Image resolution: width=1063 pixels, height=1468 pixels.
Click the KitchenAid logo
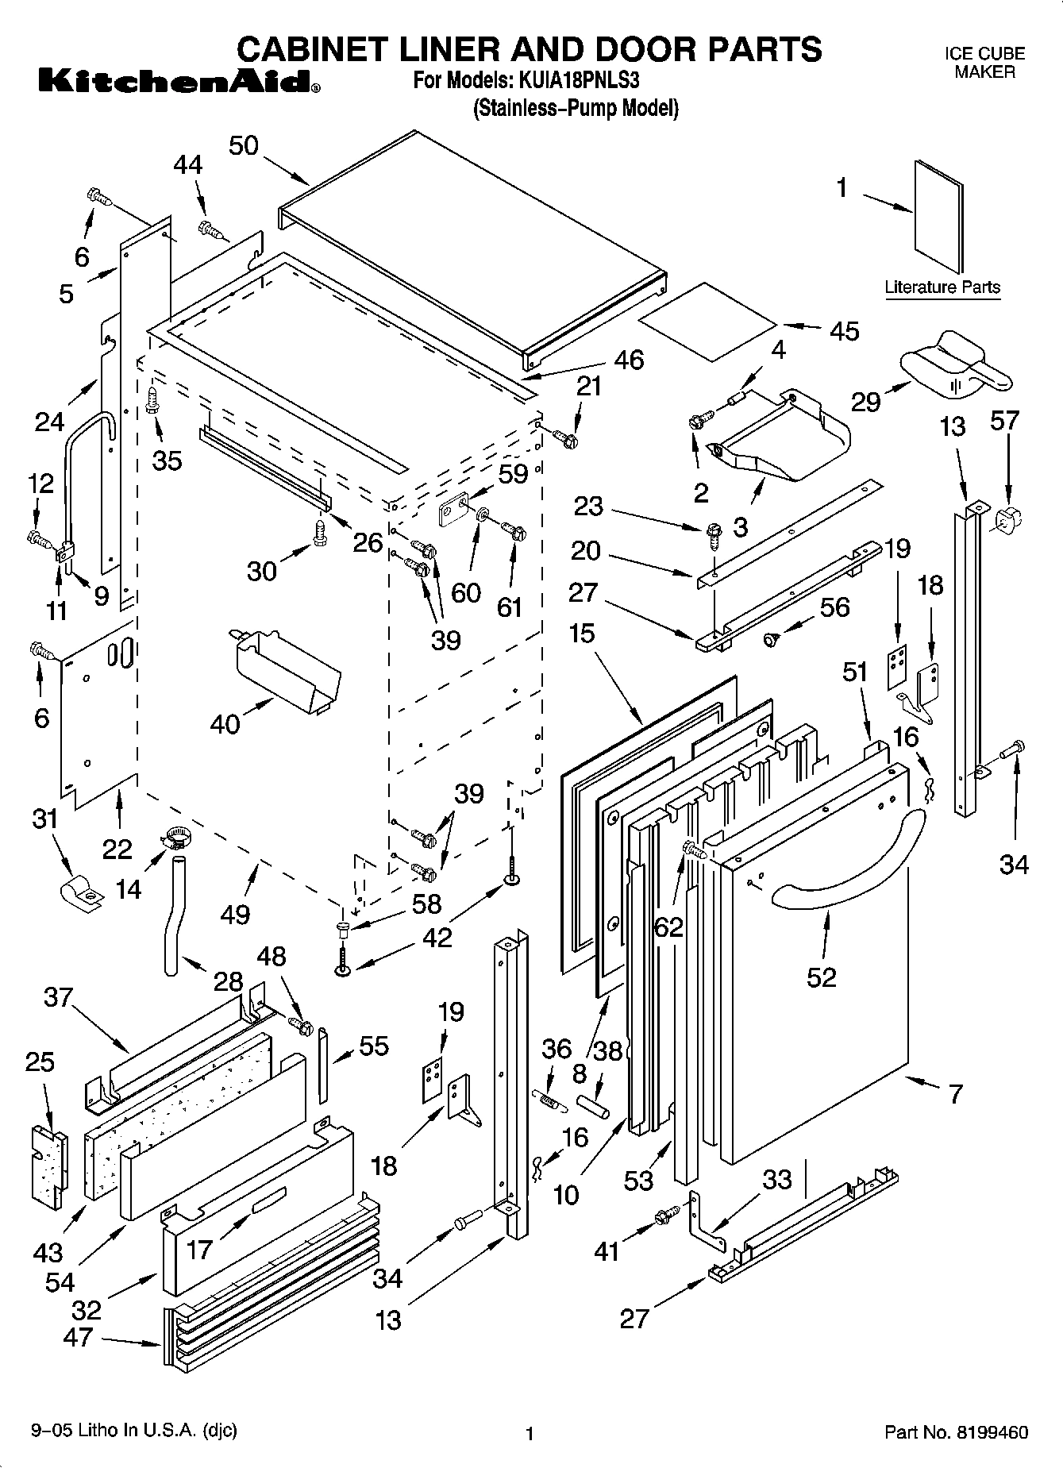tap(178, 81)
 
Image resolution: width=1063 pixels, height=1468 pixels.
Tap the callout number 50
tap(244, 146)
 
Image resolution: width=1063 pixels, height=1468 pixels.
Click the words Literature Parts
tap(942, 287)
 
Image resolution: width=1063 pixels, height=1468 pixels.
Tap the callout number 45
tap(843, 331)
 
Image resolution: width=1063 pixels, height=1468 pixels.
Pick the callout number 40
tap(225, 723)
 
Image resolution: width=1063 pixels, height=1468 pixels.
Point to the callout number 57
tap(1004, 420)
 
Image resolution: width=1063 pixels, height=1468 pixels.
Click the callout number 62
tap(668, 927)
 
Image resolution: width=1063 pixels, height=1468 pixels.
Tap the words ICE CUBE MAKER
tap(984, 63)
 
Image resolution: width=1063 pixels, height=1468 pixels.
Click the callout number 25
tap(40, 1062)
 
